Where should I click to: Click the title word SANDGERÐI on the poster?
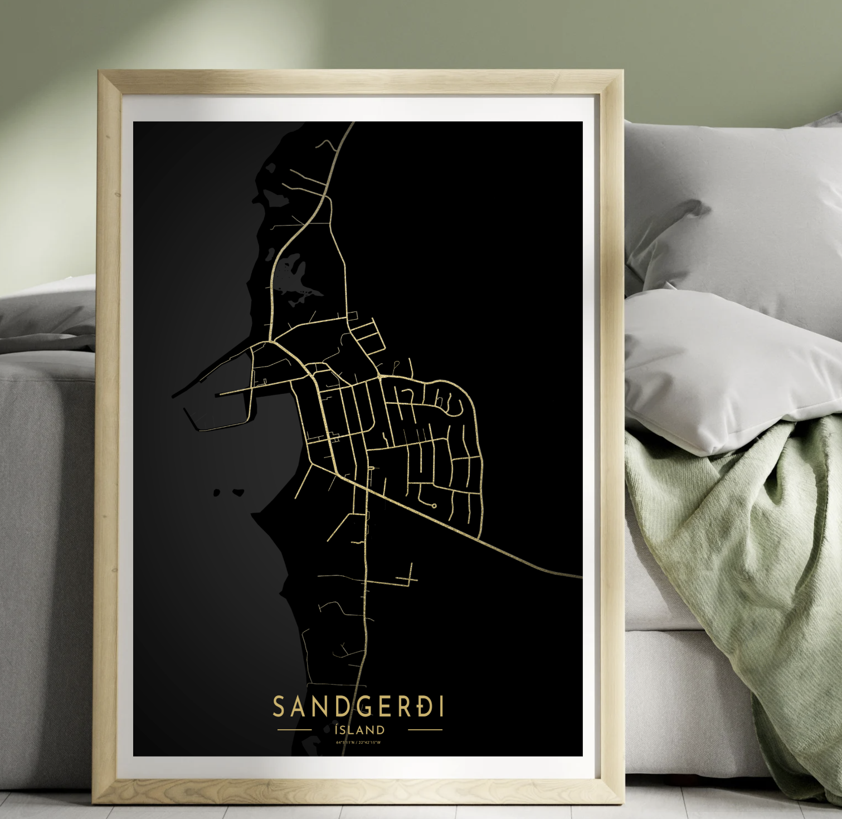[x=358, y=707]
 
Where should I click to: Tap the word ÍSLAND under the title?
[x=359, y=730]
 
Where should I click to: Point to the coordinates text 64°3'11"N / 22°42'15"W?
[x=358, y=742]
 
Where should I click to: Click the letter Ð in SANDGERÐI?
[x=424, y=707]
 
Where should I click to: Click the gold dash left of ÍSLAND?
[x=294, y=729]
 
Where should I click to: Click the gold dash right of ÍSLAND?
[x=425, y=729]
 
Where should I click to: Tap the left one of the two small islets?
[x=217, y=493]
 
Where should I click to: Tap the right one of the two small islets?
[x=238, y=493]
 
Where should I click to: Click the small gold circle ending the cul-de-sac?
[x=434, y=505]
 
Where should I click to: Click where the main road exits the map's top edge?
[x=352, y=124]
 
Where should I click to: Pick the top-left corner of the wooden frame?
[x=100, y=73]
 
